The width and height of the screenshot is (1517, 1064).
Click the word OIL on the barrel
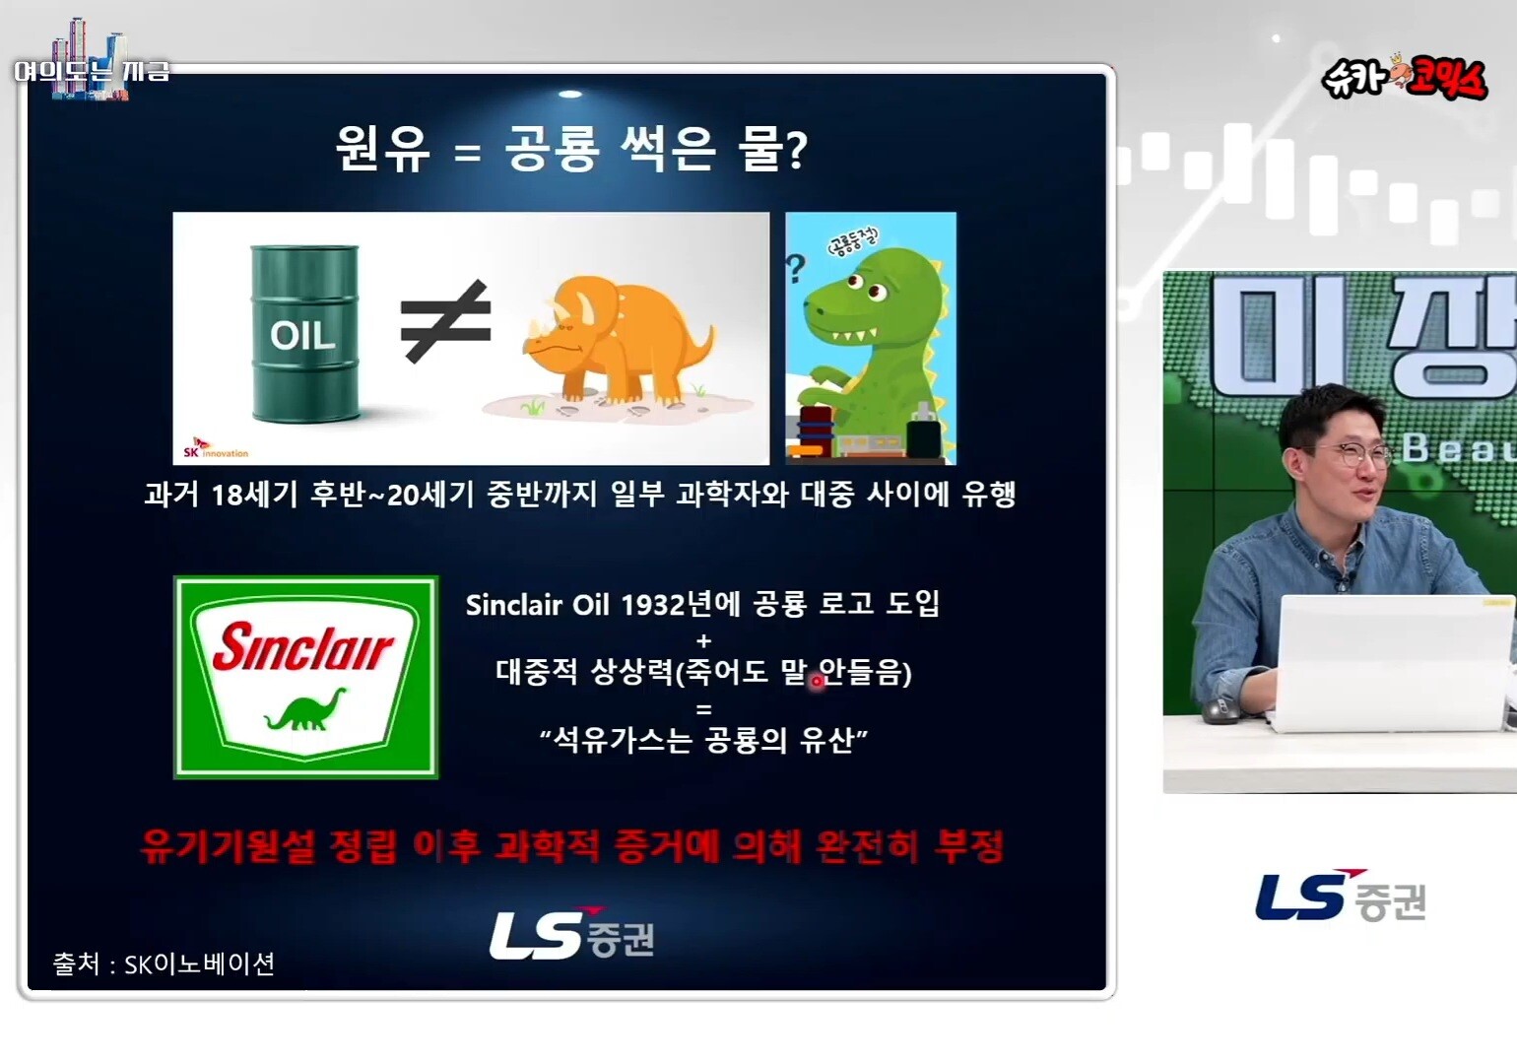click(x=302, y=335)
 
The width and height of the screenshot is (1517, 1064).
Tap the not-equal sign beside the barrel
click(x=445, y=321)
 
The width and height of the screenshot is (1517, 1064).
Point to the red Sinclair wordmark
click(x=302, y=647)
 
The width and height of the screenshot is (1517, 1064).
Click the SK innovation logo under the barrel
click(x=216, y=449)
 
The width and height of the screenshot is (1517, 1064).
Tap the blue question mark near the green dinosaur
click(x=795, y=268)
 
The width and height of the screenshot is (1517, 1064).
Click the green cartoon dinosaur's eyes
click(x=866, y=285)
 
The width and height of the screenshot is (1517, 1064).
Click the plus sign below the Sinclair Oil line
click(x=703, y=640)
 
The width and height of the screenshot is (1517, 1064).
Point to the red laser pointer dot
click(x=817, y=682)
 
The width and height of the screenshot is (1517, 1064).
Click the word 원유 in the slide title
click(x=382, y=149)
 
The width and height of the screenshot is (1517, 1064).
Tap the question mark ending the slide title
click(x=797, y=151)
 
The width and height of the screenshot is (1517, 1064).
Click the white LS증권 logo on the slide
click(x=572, y=934)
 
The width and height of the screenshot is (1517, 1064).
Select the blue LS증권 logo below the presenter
click(x=1341, y=897)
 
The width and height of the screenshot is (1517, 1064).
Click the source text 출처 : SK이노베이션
click(x=164, y=964)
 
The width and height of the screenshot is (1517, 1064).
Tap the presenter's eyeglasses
click(x=1346, y=456)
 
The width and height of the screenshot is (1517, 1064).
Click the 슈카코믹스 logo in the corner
click(x=1405, y=80)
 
